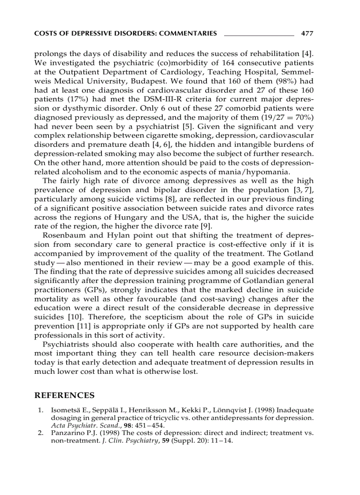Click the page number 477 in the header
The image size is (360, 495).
click(307, 33)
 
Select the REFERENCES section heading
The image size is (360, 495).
click(64, 395)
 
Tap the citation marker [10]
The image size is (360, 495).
click(73, 318)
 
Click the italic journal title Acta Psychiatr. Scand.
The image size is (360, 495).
click(77, 425)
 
